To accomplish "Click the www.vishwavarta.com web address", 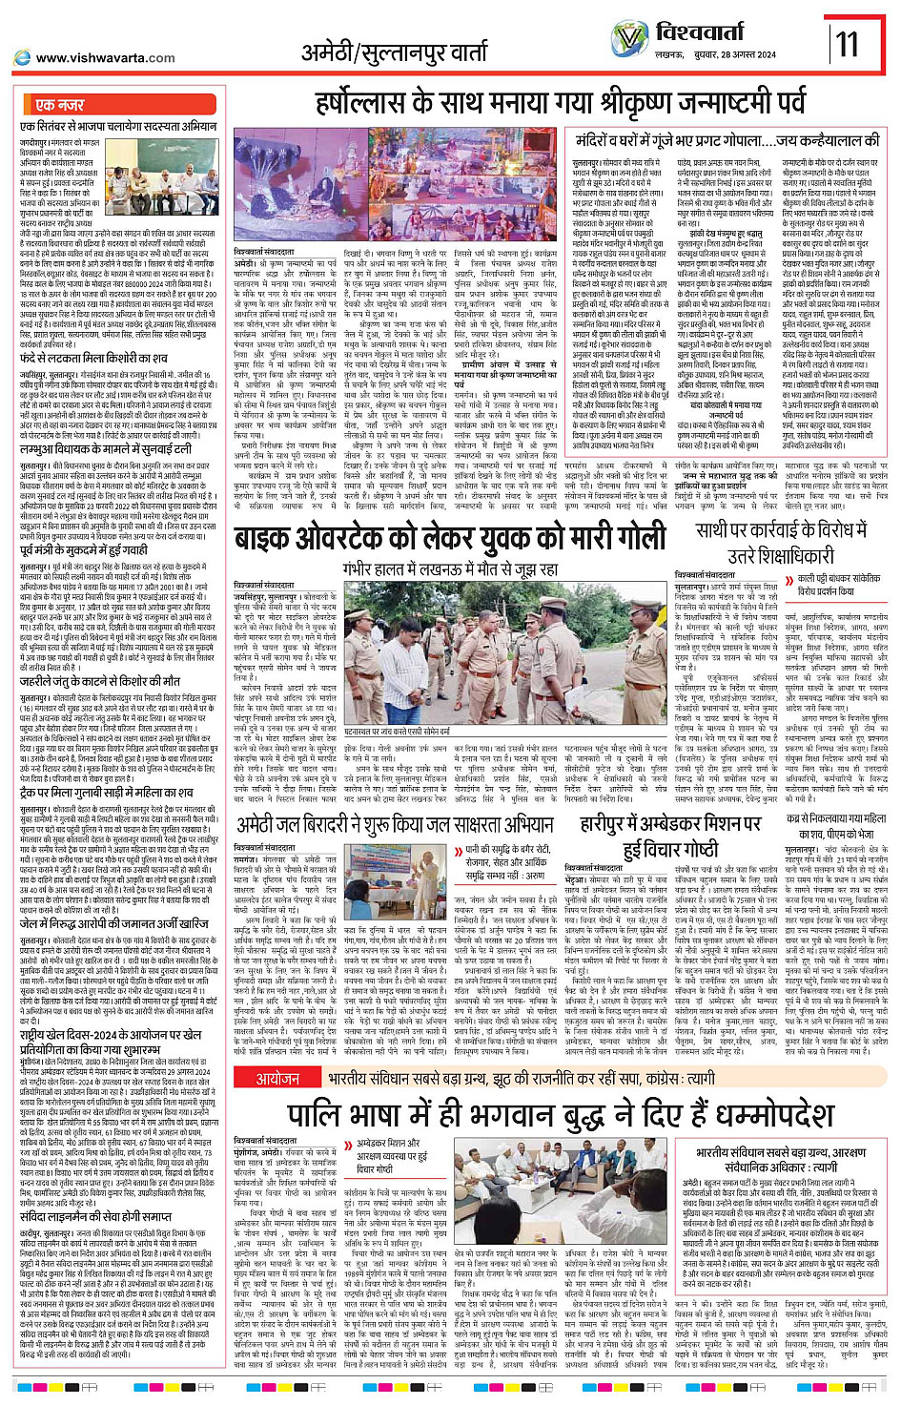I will tap(105, 58).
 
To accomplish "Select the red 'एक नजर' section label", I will tap(59, 105).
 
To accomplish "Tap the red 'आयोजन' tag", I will tap(277, 1078).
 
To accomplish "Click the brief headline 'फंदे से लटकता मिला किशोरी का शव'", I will tap(93, 358).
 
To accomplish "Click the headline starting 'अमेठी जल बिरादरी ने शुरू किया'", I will tap(395, 825).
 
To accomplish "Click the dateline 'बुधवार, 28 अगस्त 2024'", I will tap(729, 55).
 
